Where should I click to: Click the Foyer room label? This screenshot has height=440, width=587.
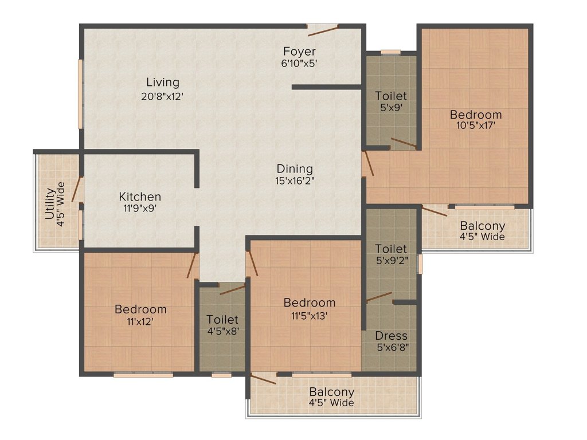point(299,52)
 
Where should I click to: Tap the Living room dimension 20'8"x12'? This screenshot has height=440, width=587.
point(162,96)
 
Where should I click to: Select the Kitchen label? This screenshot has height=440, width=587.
point(140,197)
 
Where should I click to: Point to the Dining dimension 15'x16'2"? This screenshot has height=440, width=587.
point(295,180)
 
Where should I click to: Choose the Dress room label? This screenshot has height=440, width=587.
point(392,336)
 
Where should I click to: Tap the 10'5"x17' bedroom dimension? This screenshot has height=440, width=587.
point(475,126)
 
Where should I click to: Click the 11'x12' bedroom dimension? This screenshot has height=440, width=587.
point(140,321)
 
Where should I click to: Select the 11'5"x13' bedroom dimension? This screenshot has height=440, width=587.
point(310,315)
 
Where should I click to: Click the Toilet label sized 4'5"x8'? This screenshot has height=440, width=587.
point(222,319)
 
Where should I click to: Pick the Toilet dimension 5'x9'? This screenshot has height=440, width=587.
point(391,107)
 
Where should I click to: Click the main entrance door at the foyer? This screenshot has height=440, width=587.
point(322,27)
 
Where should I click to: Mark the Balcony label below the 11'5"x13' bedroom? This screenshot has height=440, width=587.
point(331,392)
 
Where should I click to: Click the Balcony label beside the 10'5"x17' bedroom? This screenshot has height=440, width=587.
point(483,226)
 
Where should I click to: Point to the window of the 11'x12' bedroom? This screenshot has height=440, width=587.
point(143,375)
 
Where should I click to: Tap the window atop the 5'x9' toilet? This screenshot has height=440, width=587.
point(391,52)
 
